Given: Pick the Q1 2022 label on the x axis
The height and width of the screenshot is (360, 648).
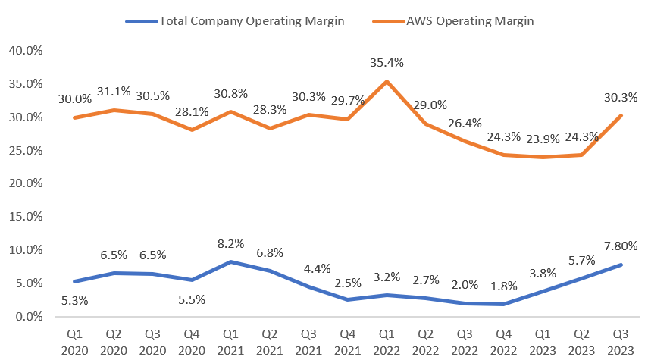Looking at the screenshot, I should (387, 340).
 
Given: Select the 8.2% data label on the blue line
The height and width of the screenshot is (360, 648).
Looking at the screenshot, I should (231, 243).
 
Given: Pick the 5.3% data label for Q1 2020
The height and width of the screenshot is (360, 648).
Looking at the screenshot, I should (74, 299).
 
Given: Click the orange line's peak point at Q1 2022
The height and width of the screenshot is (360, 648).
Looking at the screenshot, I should (387, 81).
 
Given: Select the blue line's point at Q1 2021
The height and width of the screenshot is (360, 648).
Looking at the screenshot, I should (231, 261).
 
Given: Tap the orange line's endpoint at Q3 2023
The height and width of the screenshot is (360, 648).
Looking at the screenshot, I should (621, 115).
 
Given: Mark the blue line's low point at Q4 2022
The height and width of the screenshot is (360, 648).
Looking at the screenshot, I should (503, 304).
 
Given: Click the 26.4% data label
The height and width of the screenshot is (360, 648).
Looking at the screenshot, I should (465, 124).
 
